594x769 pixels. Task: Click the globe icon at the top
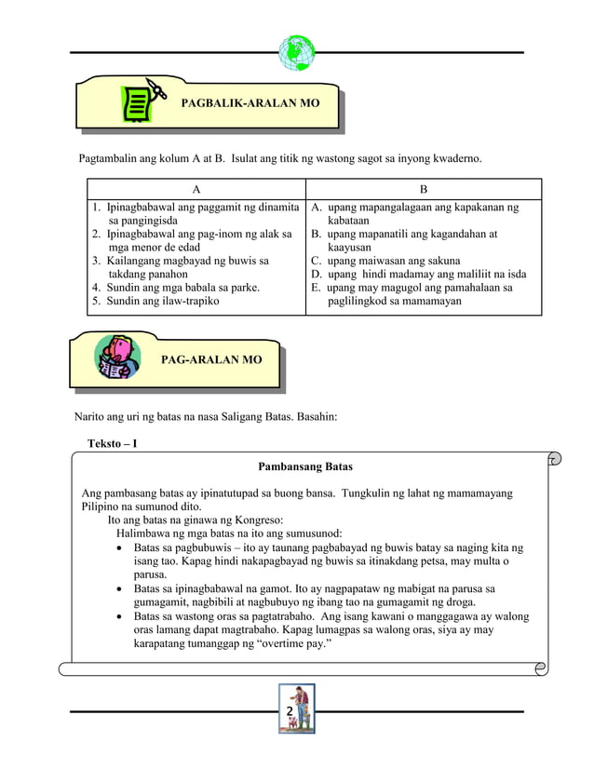click(297, 53)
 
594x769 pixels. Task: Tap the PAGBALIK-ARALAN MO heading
click(250, 102)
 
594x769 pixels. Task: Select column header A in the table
click(196, 189)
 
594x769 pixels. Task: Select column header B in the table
click(424, 189)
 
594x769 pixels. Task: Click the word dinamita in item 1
click(277, 207)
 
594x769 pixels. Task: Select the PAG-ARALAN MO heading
click(211, 359)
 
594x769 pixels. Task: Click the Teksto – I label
click(113, 443)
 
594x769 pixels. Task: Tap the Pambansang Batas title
click(305, 466)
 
